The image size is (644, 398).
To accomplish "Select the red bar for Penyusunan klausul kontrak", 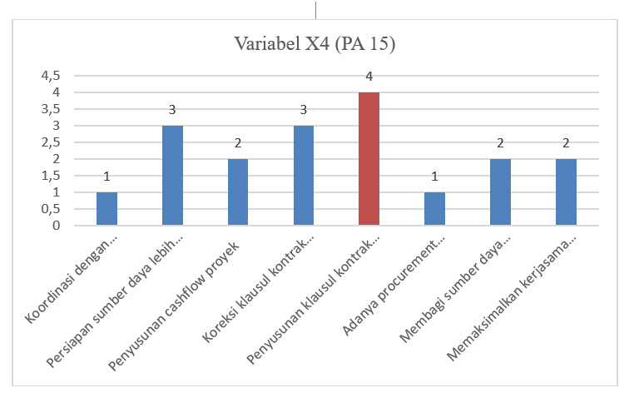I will point(369,158).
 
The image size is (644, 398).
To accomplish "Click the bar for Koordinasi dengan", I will point(107,208).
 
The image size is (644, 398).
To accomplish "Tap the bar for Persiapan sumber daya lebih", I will point(173,175).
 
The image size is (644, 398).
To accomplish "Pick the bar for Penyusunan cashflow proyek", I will point(238,192).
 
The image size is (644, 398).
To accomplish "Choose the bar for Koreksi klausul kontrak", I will point(304,175).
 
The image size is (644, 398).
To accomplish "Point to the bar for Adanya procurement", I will point(434,208).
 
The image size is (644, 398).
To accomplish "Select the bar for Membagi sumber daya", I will point(500,192).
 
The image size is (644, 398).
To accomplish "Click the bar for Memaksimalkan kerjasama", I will point(566,192).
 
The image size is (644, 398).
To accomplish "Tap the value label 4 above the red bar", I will point(369,77).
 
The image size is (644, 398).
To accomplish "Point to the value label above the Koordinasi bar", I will point(107,177).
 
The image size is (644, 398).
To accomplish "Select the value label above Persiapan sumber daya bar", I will point(173,110).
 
